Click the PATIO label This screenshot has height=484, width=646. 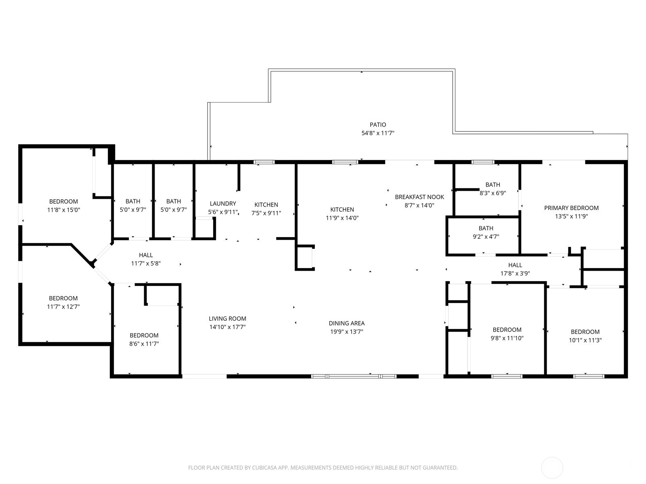(x=378, y=125)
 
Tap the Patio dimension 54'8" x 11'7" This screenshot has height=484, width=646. (x=378, y=133)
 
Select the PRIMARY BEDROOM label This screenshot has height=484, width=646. (x=571, y=208)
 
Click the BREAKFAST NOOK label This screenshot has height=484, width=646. (x=419, y=197)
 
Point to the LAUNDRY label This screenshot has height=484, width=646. (x=223, y=204)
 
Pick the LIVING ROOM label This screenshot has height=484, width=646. (x=227, y=319)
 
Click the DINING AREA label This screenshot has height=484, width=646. (x=346, y=323)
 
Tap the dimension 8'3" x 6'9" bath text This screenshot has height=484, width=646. (x=493, y=193)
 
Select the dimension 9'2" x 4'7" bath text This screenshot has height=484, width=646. (x=486, y=237)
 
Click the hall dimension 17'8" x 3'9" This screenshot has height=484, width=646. (x=515, y=273)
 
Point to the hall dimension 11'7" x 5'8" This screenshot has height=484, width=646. (x=146, y=263)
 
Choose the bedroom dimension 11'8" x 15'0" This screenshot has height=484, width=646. (x=63, y=210)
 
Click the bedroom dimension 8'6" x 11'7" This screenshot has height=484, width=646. (x=144, y=344)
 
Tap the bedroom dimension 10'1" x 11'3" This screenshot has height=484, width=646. (x=585, y=340)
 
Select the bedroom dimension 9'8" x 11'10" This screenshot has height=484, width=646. (x=507, y=338)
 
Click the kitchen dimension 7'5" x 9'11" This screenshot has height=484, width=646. (x=266, y=213)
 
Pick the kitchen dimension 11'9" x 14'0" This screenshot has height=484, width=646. (x=342, y=218)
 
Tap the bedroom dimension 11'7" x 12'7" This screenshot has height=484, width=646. (x=63, y=307)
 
